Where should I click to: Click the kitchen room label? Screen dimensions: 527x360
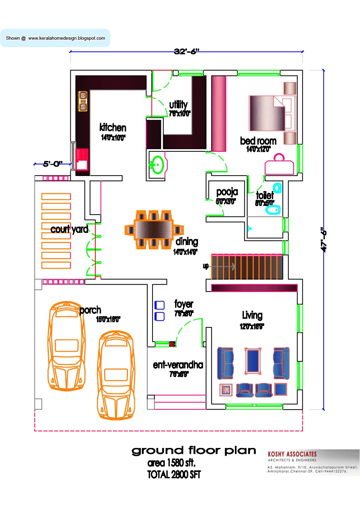(x=112, y=128)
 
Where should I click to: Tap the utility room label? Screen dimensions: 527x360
(x=178, y=105)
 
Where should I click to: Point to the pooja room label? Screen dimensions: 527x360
(x=227, y=192)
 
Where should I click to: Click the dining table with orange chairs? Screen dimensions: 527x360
(x=154, y=230)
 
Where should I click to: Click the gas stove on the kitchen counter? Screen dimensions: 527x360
(x=83, y=101)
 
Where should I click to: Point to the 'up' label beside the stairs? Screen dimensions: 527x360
(x=206, y=266)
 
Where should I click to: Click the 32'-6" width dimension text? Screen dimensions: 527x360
(x=186, y=52)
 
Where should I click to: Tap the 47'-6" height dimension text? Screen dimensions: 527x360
(x=323, y=240)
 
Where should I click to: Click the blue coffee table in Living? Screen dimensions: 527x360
(x=253, y=360)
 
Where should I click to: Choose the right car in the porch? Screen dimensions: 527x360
(x=116, y=375)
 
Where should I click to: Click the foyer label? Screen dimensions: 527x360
(x=184, y=304)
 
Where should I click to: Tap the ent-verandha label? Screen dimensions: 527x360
(x=178, y=365)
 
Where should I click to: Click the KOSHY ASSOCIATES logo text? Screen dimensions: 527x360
(x=292, y=454)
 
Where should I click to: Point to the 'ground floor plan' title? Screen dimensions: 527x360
(x=194, y=450)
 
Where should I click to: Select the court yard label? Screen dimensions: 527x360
(x=69, y=229)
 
